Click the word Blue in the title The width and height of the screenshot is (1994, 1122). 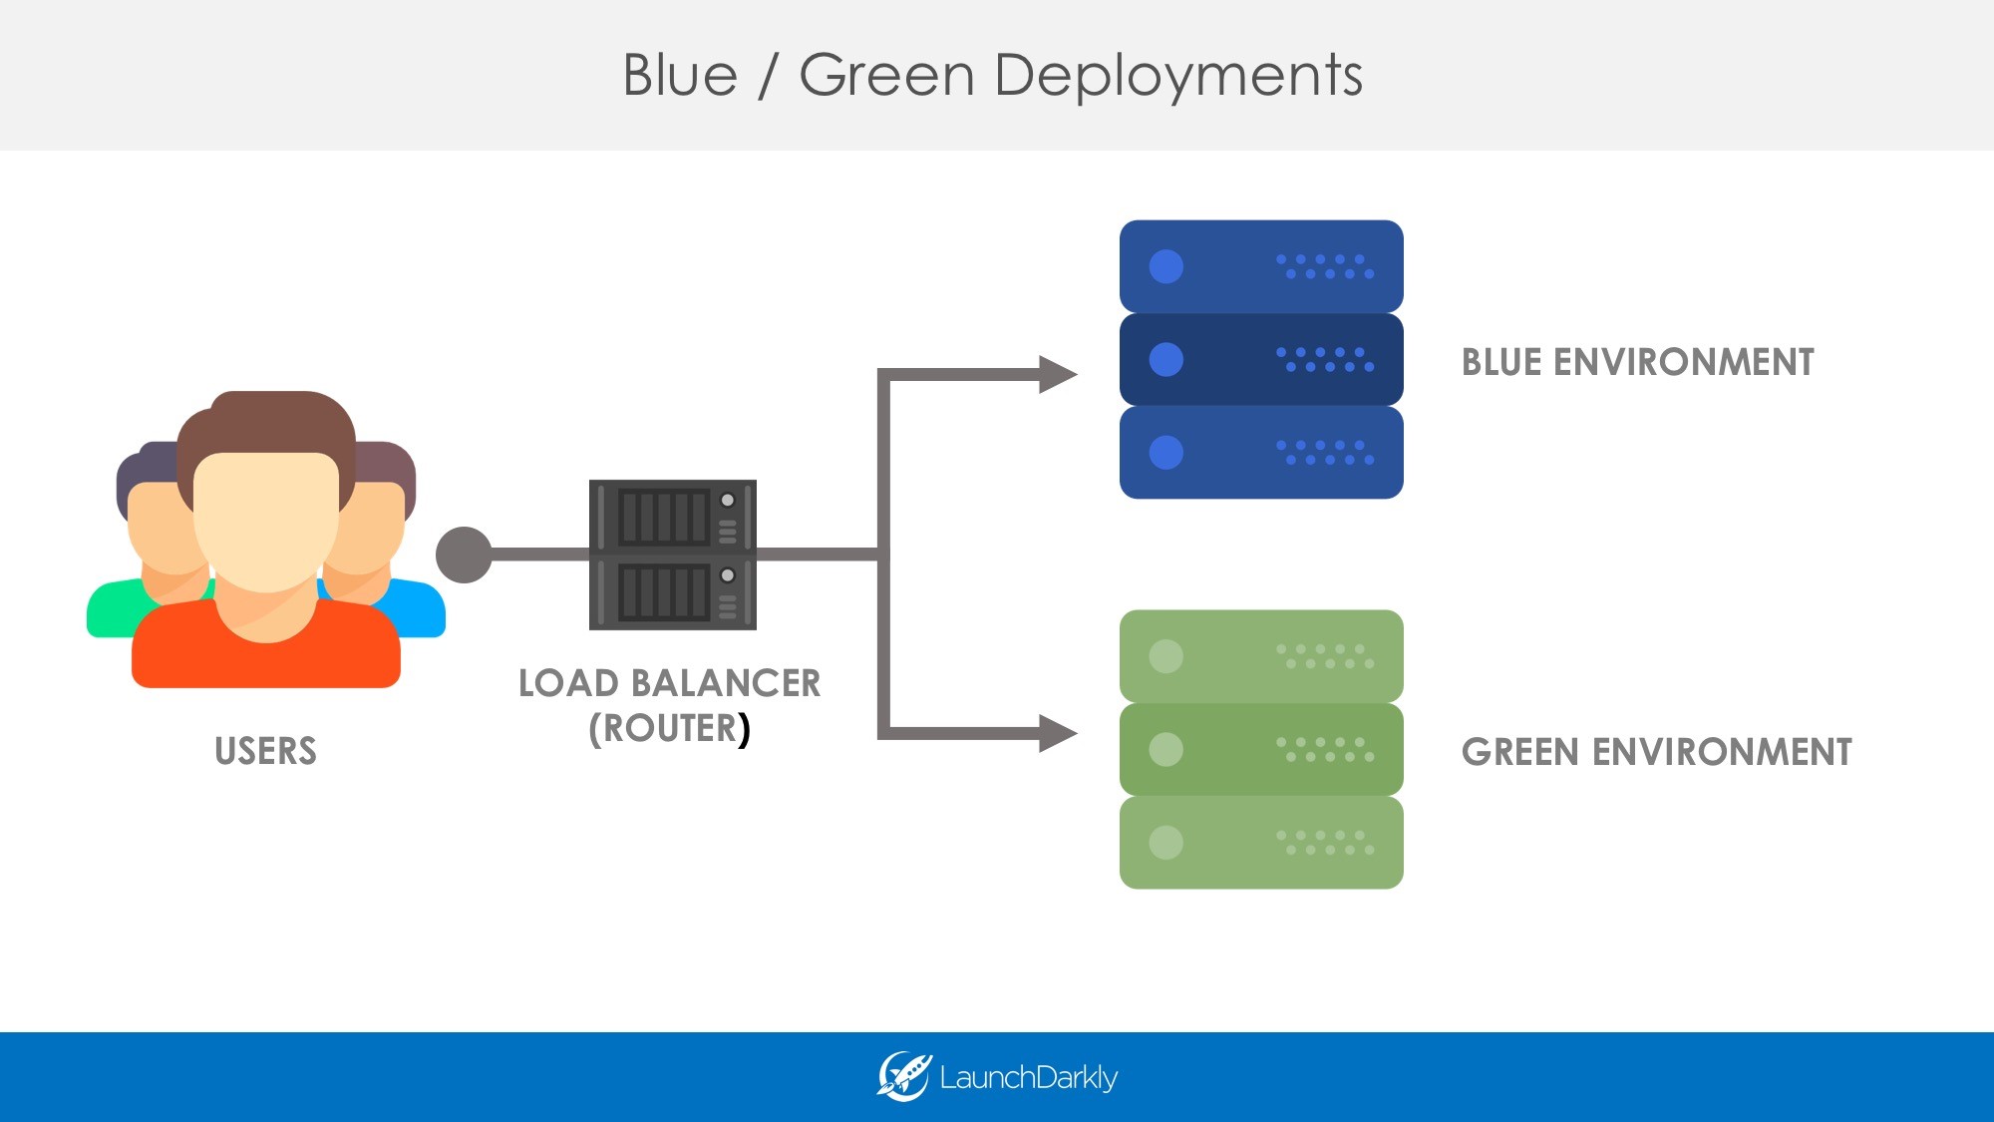[x=680, y=75]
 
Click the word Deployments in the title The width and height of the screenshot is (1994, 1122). [x=1178, y=75]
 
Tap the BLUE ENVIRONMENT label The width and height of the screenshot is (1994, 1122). [x=1637, y=362]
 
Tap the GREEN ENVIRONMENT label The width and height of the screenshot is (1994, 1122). [x=1656, y=752]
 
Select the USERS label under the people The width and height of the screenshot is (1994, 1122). [x=265, y=751]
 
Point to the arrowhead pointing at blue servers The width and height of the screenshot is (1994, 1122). [x=1057, y=375]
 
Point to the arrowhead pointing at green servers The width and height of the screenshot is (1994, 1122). [x=1057, y=733]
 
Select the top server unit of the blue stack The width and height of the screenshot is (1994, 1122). [x=1261, y=266]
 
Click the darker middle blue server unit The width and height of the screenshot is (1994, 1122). [x=1261, y=359]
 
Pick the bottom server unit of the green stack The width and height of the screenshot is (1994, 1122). [x=1261, y=842]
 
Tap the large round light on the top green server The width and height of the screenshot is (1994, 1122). [x=1165, y=656]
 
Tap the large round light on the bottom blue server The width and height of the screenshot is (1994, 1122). [x=1165, y=452]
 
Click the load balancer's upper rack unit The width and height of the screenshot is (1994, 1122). [x=672, y=516]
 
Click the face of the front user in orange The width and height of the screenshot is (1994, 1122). [x=266, y=519]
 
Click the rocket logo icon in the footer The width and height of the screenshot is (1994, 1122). [x=903, y=1077]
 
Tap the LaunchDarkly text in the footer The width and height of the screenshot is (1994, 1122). [x=1028, y=1078]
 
